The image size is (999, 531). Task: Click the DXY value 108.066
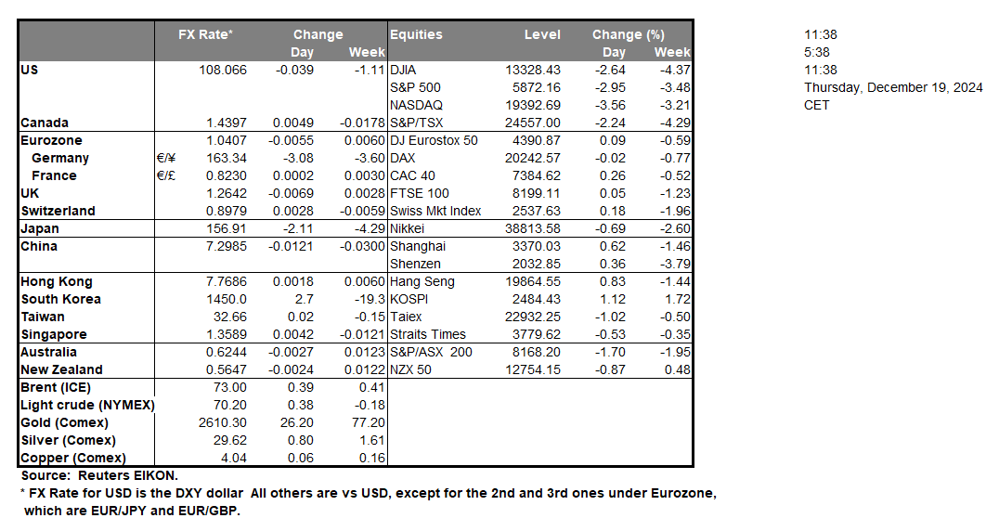pos(223,70)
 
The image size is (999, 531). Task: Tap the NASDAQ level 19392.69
pos(527,105)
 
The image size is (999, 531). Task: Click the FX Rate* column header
pos(206,34)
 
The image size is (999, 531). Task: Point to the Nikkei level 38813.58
pos(527,228)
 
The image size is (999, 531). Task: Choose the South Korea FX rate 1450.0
pos(228,299)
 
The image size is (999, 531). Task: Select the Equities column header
pos(416,34)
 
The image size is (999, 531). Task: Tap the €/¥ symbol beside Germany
pos(167,158)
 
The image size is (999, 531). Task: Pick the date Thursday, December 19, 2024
pos(893,87)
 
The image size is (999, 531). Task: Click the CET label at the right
pos(817,105)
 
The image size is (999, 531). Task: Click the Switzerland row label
pos(58,211)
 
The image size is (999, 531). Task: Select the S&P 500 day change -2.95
pos(614,87)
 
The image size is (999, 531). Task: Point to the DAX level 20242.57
pos(527,158)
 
